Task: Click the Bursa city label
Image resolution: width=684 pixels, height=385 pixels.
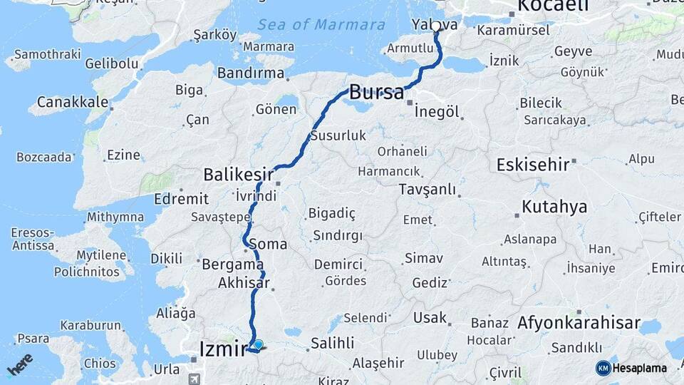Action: [x=376, y=92]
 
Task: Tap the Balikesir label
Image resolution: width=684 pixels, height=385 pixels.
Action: [x=237, y=174]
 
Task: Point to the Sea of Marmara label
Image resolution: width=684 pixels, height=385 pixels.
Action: [x=321, y=24]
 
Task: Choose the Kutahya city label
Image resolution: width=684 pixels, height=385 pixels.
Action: [x=554, y=207]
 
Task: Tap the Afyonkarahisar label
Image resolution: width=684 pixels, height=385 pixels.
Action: [x=579, y=323]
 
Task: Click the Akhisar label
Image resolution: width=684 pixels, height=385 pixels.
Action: [x=244, y=283]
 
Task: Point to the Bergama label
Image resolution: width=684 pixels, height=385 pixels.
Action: [x=234, y=264]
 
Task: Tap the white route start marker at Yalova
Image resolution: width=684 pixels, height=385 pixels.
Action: [x=436, y=26]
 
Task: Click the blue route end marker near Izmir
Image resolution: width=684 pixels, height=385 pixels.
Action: [x=258, y=344]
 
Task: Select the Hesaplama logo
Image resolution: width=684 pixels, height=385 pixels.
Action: [x=632, y=368]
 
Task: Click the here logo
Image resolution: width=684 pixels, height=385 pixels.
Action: [x=20, y=364]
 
